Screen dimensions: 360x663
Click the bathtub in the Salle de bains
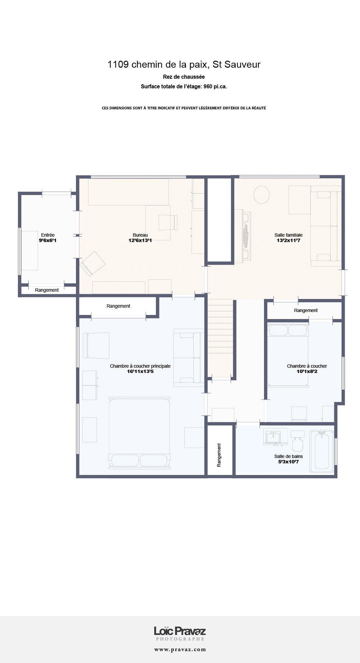point(322,451)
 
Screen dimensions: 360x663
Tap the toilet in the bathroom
point(297,441)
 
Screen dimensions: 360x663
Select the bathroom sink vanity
point(275,436)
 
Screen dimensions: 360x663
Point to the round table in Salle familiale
point(261,195)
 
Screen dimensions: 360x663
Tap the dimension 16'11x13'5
point(140,372)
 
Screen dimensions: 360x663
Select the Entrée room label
point(48,235)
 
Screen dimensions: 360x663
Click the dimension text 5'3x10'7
point(288,461)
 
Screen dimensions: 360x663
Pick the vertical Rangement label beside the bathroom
point(219,455)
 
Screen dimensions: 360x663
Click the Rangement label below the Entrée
point(47,290)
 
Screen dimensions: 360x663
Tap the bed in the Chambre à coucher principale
point(139,433)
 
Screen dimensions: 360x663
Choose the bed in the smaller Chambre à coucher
point(288,355)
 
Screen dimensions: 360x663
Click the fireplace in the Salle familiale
point(246,236)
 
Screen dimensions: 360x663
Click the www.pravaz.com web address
point(180,650)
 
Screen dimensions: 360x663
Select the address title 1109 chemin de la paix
point(159,64)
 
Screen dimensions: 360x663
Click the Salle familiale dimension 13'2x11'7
point(289,240)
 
